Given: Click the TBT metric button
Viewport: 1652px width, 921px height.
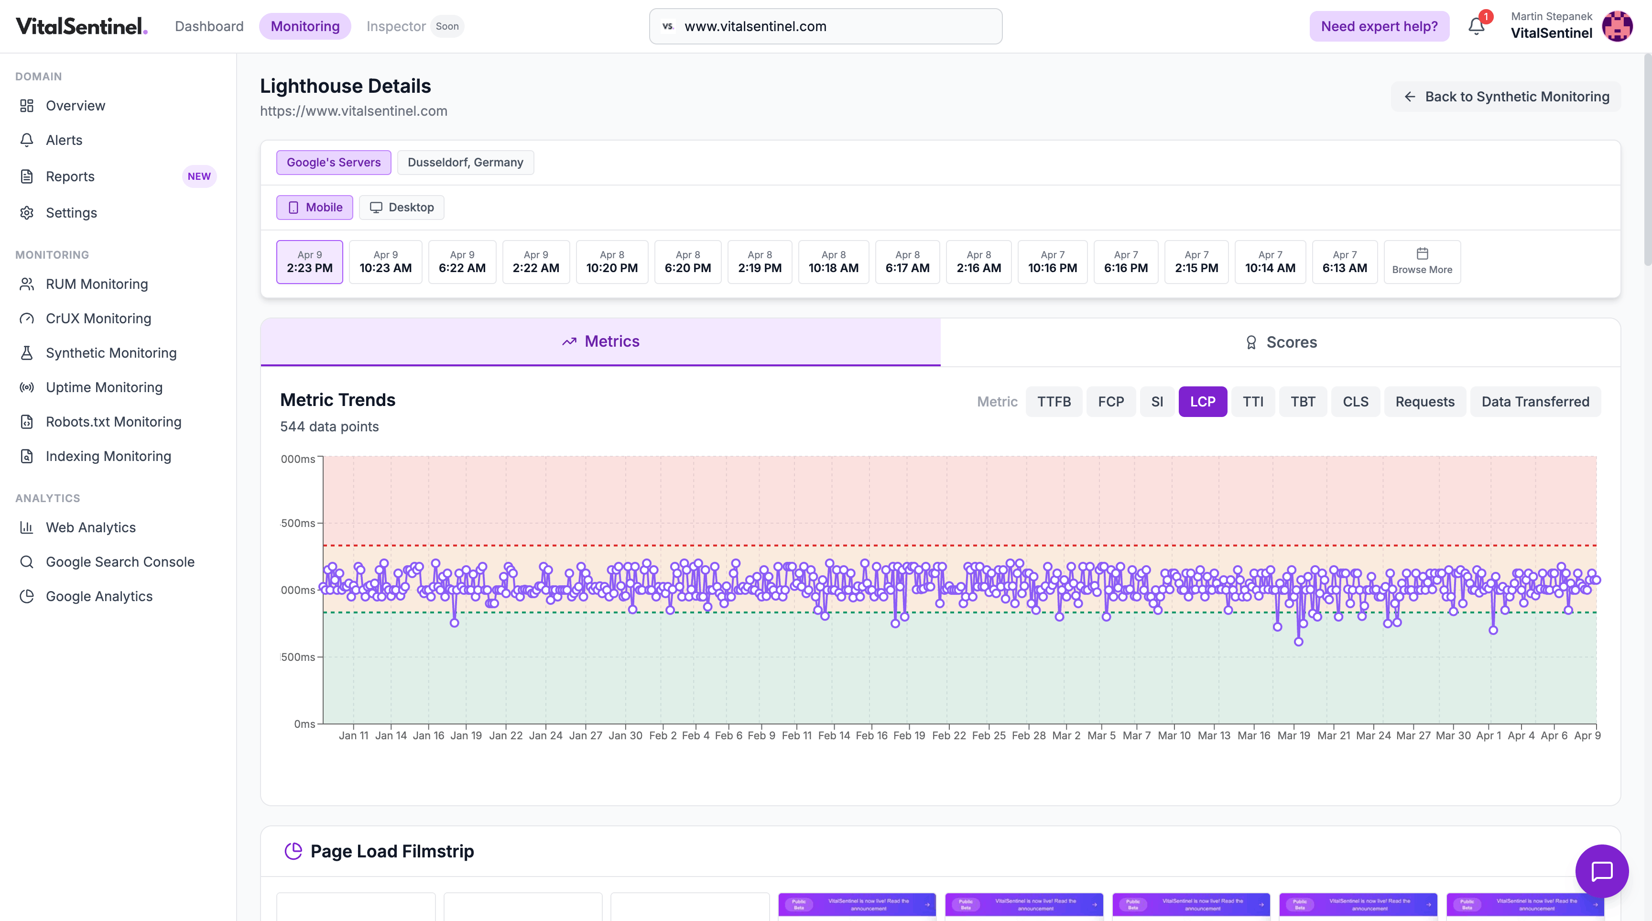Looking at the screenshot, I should (x=1303, y=402).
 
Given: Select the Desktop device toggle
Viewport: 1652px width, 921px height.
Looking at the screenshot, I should (x=402, y=207).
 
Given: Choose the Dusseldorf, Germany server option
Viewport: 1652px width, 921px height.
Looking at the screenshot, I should (x=465, y=162).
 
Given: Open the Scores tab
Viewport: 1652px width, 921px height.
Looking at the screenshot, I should (x=1280, y=342).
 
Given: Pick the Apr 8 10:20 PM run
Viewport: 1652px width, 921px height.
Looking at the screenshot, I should (x=611, y=262).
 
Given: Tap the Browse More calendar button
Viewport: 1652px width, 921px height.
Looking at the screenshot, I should (x=1422, y=262).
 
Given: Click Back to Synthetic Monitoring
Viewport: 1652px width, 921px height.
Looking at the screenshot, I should (x=1506, y=97).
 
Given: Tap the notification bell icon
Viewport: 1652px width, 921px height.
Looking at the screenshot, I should (x=1476, y=26).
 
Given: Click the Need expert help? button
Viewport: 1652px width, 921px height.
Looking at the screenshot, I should (x=1379, y=26).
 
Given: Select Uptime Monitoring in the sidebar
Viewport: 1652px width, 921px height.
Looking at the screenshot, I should (x=104, y=387).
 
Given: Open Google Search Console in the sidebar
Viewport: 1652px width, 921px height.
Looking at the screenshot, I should (x=120, y=562).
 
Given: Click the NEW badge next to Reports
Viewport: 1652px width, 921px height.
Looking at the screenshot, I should (x=199, y=176).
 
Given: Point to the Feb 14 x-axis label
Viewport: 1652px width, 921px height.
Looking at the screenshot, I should (x=834, y=735).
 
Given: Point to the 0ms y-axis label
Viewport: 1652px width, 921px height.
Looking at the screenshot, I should (x=304, y=724).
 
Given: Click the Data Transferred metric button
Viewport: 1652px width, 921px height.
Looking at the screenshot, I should (x=1534, y=402).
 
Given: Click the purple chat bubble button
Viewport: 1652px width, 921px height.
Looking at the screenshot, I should (x=1601, y=871).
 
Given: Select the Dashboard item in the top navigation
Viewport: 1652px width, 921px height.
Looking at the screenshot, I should (x=209, y=26).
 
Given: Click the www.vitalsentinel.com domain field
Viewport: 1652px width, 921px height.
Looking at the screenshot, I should (x=826, y=26).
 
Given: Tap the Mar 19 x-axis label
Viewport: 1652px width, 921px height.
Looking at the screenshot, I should (x=1293, y=735).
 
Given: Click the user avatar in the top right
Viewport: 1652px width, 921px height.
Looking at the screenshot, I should (x=1617, y=26).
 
